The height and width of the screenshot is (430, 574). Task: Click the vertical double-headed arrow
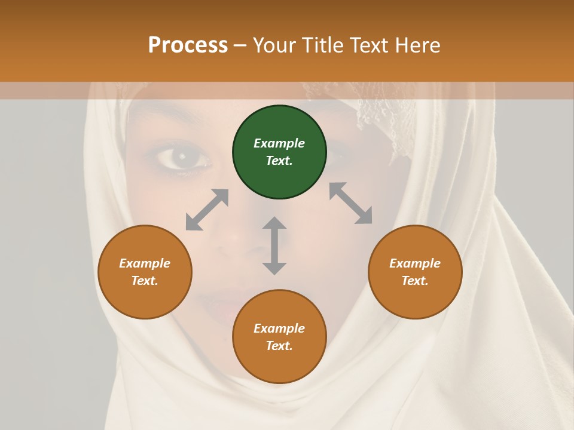click(x=274, y=245)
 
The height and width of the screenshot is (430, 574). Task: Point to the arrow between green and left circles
click(x=207, y=210)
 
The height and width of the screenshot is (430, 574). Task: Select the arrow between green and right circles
click(x=350, y=203)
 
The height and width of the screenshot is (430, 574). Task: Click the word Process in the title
click(x=188, y=45)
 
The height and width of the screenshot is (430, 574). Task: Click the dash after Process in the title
click(x=240, y=45)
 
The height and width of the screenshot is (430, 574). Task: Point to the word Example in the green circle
click(x=279, y=143)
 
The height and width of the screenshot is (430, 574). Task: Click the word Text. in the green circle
click(x=279, y=161)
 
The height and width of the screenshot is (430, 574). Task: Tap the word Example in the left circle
click(x=145, y=263)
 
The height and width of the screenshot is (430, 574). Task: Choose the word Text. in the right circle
click(x=415, y=281)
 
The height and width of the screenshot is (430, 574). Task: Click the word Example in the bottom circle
click(x=279, y=328)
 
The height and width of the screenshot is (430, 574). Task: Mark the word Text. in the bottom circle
click(x=279, y=346)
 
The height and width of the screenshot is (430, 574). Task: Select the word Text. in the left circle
click(x=145, y=281)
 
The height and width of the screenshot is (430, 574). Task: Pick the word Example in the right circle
click(x=415, y=263)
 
